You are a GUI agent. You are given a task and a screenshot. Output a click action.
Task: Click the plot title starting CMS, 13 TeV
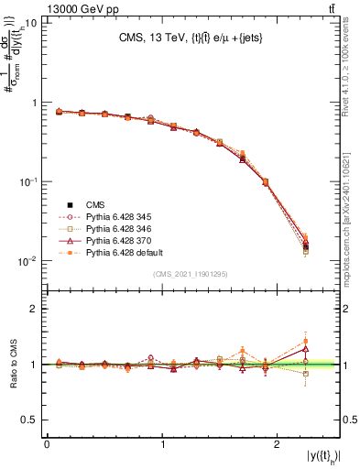click(x=191, y=38)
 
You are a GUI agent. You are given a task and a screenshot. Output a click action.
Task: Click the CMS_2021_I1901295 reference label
click(x=191, y=275)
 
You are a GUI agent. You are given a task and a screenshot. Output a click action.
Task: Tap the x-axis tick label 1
click(x=162, y=444)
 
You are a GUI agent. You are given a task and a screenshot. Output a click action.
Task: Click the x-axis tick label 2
click(x=278, y=444)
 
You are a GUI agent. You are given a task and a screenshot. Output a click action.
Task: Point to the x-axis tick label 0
click(x=47, y=444)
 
